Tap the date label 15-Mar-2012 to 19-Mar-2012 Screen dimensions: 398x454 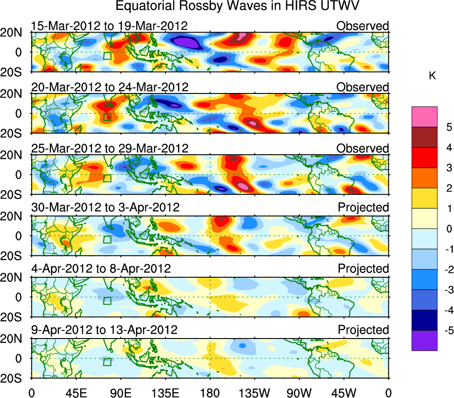click(109, 26)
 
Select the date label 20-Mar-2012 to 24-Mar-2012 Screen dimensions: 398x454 click(110, 87)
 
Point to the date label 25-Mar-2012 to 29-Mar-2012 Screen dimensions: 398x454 click(110, 148)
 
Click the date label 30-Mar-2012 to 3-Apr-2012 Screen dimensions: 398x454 click(105, 207)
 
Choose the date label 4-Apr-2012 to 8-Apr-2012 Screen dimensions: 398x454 click(101, 269)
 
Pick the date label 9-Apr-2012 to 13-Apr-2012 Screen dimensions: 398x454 click(104, 330)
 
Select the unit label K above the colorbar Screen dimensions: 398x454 click(432, 76)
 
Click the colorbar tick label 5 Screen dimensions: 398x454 click(448, 127)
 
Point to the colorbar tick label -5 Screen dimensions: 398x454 click(446, 330)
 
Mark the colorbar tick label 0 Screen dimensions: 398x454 click(448, 229)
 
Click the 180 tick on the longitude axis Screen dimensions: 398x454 click(210, 392)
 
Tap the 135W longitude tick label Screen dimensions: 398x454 click(255, 392)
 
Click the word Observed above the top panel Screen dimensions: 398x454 click(363, 26)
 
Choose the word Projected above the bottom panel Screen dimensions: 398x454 click(363, 330)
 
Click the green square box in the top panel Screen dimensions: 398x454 click(107, 55)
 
